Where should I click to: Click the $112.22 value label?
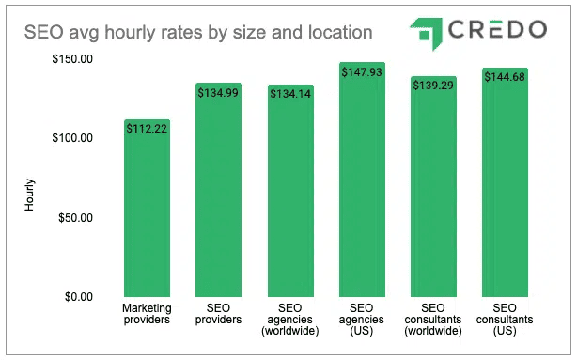pos(147,130)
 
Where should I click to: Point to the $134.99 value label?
pos(218,93)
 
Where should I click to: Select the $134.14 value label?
pos(290,94)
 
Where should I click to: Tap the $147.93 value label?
pos(362,72)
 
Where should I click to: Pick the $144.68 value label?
pos(506,77)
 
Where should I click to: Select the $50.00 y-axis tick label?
pos(74,218)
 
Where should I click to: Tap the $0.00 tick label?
pos(77,297)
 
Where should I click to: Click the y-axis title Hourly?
pos(30,194)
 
